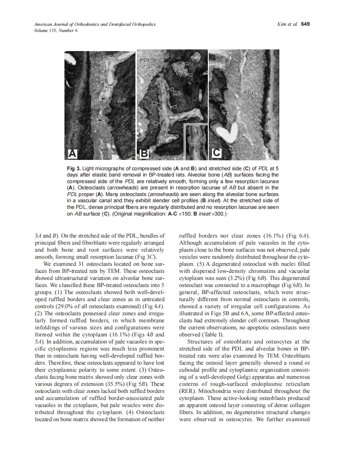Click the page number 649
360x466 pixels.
coord(306,24)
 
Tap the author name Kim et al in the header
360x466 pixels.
coord(286,24)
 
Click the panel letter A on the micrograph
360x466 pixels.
coord(73,154)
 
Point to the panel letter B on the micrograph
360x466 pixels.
coord(144,154)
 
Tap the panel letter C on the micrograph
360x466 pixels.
coord(217,153)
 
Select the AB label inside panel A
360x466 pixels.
coord(122,100)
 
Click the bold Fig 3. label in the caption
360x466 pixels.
coord(74,169)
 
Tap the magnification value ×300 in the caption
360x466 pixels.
coord(219,214)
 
